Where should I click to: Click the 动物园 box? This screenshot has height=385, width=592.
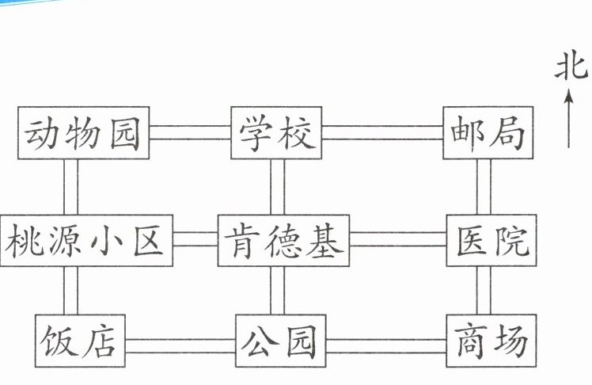point(83,132)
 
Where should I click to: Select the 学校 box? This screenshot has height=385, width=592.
point(276,132)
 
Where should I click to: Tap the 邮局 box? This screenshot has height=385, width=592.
point(488,132)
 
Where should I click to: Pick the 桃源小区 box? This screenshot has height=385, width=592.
point(86,241)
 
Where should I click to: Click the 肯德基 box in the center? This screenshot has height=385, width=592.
point(283,241)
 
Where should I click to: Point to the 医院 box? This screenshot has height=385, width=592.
point(491,241)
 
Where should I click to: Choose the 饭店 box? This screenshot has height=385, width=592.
point(80,341)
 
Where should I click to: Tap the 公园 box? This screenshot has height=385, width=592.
point(280,341)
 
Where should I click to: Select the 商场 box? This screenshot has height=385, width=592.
point(491,341)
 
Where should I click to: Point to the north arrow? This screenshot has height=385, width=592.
point(569,118)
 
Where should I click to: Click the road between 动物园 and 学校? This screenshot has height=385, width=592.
point(190,132)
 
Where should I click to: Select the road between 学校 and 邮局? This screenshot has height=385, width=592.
point(382,132)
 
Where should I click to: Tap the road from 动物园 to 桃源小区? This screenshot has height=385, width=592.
point(70,187)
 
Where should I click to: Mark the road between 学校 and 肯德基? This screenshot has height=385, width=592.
point(278,187)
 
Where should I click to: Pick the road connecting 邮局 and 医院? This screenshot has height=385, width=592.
point(484,187)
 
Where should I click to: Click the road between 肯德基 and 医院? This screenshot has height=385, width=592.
point(398,239)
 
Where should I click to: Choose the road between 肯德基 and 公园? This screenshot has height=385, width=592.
point(278,291)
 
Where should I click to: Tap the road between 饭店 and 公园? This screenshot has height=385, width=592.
point(180,346)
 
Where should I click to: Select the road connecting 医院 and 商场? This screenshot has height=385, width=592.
point(484,291)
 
